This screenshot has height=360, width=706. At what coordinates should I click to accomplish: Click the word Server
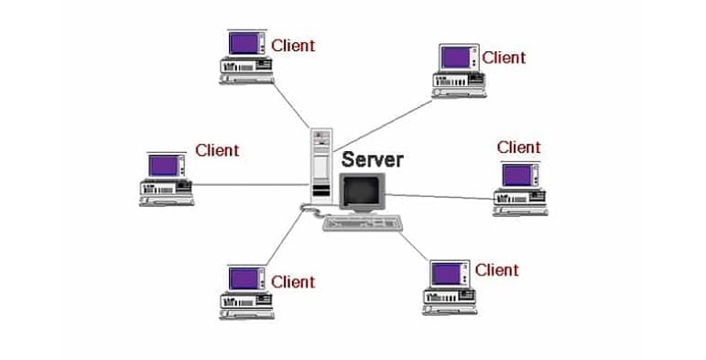(x=372, y=159)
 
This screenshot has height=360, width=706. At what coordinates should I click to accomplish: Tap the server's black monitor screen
(x=360, y=191)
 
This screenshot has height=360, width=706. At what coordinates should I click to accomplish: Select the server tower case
(x=320, y=164)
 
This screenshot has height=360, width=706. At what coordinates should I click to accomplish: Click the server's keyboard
(x=364, y=223)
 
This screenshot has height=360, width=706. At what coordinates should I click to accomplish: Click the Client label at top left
(x=293, y=45)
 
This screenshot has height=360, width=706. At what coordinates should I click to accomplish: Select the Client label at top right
(x=505, y=58)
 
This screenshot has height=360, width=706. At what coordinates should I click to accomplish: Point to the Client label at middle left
(x=217, y=150)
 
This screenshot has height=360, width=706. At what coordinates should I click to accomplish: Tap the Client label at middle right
(x=519, y=147)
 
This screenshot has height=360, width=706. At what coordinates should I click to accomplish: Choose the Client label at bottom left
(x=293, y=281)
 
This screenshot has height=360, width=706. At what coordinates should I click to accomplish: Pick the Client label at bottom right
(x=496, y=269)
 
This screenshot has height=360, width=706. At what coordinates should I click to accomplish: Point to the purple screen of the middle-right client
(x=519, y=174)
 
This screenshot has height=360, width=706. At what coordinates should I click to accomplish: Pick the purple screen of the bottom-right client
(x=447, y=273)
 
